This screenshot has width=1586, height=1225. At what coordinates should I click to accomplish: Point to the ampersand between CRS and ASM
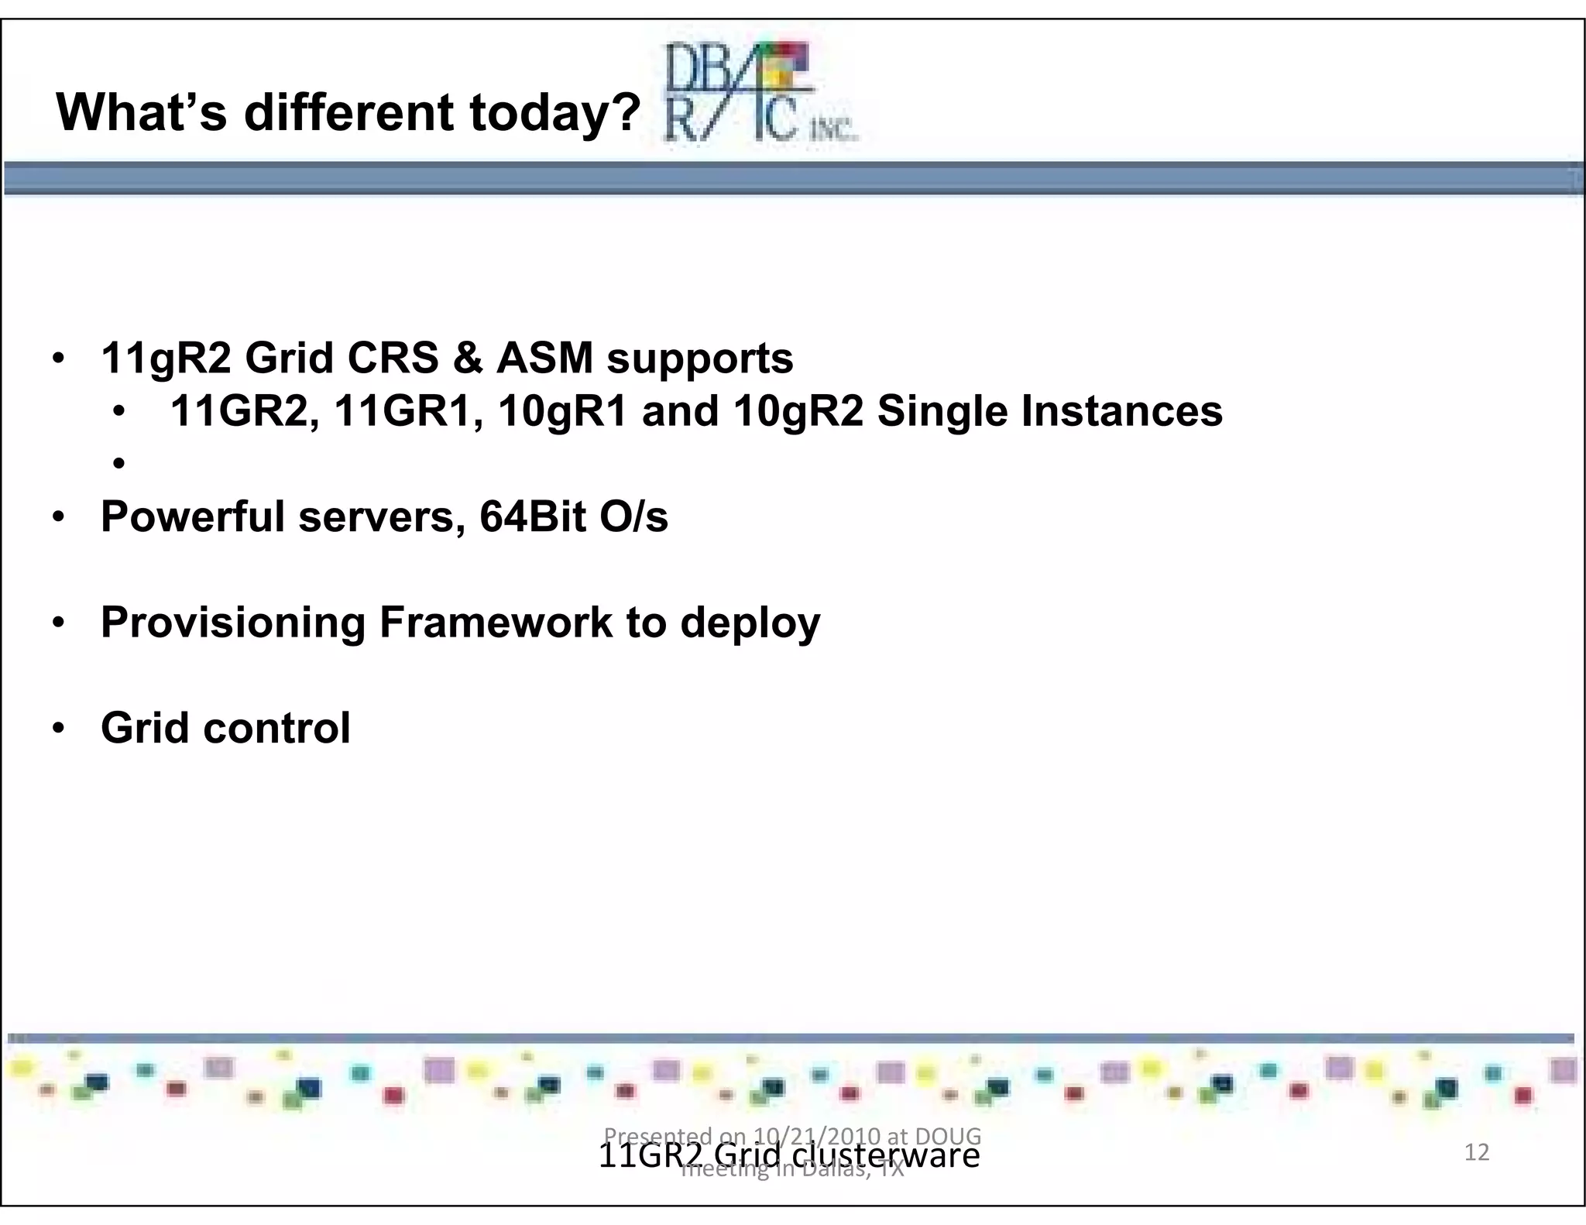tap(468, 359)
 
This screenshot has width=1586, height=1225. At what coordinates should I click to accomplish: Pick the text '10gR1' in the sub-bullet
tap(562, 410)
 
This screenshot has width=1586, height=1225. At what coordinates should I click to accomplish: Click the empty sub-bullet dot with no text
tap(118, 464)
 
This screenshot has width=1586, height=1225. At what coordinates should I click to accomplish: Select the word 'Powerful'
tap(193, 516)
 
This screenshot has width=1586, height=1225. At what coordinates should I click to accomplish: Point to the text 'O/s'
tap(633, 516)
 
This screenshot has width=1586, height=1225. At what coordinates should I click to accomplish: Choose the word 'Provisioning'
tap(233, 623)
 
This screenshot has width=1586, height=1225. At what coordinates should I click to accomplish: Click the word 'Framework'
tap(496, 623)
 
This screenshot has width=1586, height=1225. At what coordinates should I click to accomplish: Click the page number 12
tap(1477, 1152)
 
